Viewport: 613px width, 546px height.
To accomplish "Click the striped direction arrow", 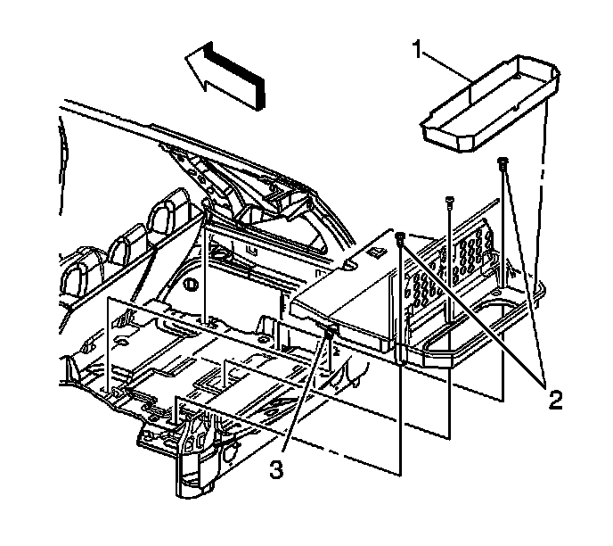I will pos(226,77).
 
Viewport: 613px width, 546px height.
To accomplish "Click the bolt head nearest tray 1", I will pos(504,162).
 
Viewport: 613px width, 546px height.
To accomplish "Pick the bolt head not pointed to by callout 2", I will pos(449,202).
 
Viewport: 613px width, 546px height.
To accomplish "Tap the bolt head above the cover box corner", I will pos(401,236).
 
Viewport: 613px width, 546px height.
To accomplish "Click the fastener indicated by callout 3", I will pos(331,333).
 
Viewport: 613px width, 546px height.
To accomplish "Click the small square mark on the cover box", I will pos(377,252).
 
